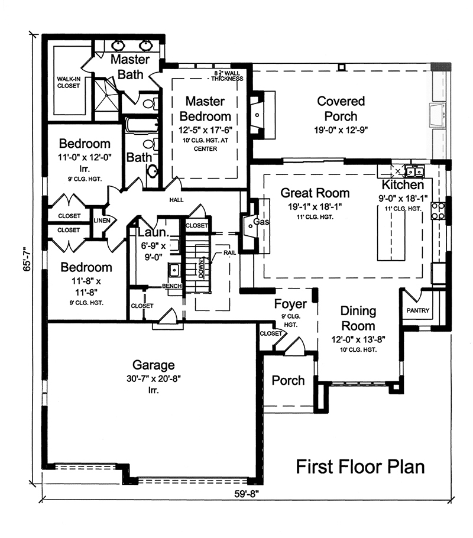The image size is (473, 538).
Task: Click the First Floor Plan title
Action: [x=360, y=466]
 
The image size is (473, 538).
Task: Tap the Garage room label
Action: [x=153, y=365]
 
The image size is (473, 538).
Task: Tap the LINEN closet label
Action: [x=101, y=220]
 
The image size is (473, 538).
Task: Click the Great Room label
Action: [x=315, y=193]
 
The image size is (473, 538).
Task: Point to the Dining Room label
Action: [x=358, y=318]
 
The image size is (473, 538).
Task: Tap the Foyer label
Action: [x=290, y=304]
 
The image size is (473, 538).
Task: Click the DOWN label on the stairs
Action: [x=202, y=268]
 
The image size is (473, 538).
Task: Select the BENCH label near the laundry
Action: [x=172, y=286]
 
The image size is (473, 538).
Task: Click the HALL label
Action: [x=176, y=200]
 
